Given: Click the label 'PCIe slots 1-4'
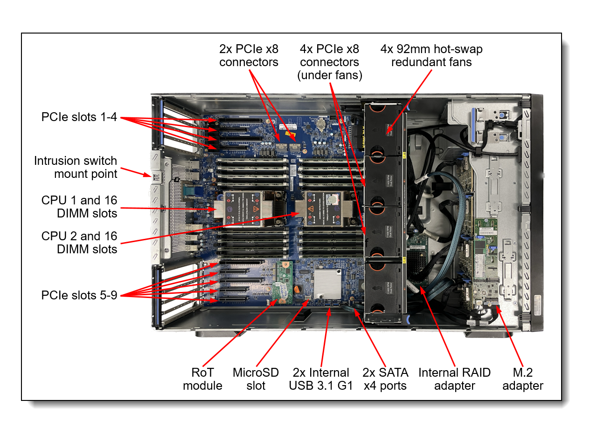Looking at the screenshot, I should (x=79, y=117).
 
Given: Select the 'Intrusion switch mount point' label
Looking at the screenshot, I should (x=76, y=167).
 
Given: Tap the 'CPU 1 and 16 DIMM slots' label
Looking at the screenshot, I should (x=79, y=207).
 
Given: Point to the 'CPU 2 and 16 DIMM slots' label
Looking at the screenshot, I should (x=79, y=243).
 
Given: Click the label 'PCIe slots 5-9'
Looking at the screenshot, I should (x=79, y=295).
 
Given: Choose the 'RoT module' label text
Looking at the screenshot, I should (x=202, y=379).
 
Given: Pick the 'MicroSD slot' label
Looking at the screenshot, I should (x=256, y=379).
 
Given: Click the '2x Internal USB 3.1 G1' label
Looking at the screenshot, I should (x=321, y=379).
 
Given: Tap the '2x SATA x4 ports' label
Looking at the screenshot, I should (x=385, y=379).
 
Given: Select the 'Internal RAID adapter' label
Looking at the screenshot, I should (x=454, y=379).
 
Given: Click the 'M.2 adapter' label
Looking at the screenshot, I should (x=522, y=379).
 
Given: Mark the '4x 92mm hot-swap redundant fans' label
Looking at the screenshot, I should (x=431, y=55).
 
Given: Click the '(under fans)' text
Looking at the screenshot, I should (x=330, y=75).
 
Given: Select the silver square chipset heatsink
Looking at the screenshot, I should (x=327, y=283).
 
